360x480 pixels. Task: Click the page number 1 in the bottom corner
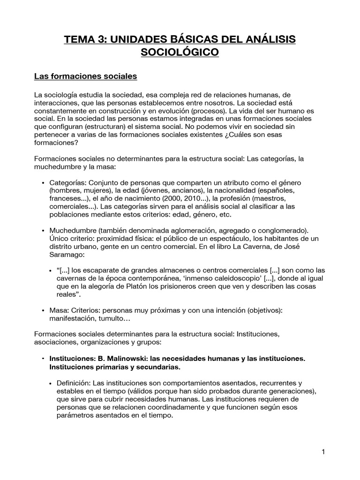click(x=323, y=452)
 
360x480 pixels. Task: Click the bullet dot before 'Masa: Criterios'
click(x=44, y=310)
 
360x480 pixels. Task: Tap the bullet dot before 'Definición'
click(x=51, y=383)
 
